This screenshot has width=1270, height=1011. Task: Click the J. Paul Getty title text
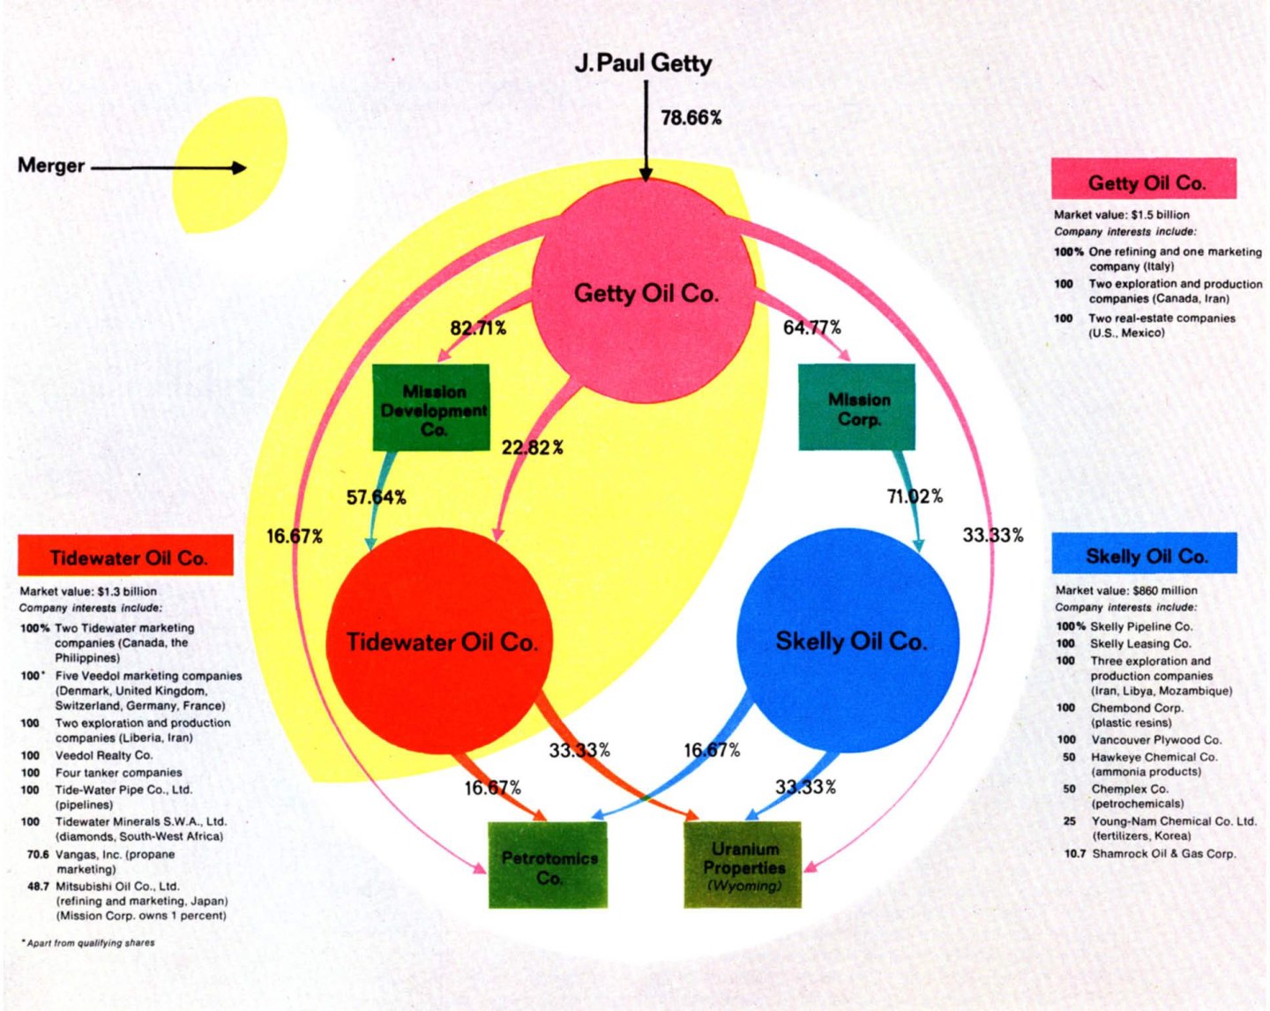[x=643, y=64]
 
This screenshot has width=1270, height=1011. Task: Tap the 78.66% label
[x=691, y=117]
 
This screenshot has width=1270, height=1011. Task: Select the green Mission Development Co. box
[x=431, y=408]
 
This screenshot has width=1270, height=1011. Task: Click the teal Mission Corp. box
[x=857, y=408]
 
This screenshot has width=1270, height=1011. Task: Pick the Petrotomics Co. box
[x=548, y=865]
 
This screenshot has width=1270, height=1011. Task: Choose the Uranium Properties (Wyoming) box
[x=743, y=865]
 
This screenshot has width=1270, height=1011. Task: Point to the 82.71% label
[x=478, y=328]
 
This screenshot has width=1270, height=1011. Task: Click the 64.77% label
[x=811, y=327]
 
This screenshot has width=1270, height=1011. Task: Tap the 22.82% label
[x=532, y=447]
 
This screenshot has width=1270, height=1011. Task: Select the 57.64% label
[x=376, y=498]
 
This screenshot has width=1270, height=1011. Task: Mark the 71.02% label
[x=915, y=497]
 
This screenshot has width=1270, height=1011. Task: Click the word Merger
[x=51, y=166]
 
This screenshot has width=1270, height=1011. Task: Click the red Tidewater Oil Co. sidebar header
[x=126, y=557]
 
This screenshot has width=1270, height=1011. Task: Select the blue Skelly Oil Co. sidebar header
[x=1145, y=555]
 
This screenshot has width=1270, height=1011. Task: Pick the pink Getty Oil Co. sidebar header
[x=1145, y=182]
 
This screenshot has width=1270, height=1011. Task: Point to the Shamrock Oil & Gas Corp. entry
[x=1163, y=853]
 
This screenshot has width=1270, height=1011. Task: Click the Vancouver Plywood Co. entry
[x=1155, y=739]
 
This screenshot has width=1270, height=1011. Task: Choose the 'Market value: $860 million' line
[x=1126, y=590]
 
